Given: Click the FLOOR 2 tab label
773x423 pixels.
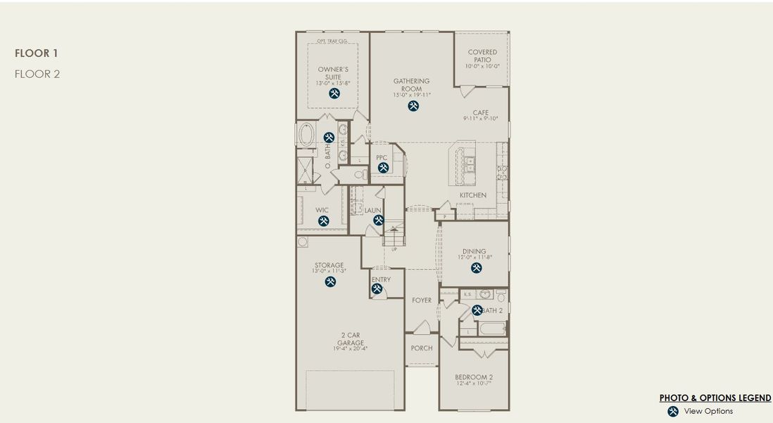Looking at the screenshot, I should [37, 73].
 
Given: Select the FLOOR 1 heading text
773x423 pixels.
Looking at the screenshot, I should [37, 53].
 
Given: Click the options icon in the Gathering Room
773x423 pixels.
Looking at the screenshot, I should [413, 106].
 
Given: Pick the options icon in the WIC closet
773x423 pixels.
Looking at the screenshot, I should [323, 221].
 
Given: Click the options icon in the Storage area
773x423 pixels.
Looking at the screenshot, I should [330, 282].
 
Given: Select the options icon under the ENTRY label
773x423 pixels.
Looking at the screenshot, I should [377, 288].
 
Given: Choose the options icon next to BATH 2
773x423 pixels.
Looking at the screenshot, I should [477, 310].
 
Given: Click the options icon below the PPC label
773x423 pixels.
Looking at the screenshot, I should [383, 167].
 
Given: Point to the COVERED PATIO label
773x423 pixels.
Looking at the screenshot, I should [482, 56].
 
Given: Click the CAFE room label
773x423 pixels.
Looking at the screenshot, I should [481, 112].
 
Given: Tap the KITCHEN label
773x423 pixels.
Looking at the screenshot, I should [472, 195].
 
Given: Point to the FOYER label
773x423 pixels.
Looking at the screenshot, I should [422, 300].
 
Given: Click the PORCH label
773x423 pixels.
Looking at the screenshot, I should [421, 348].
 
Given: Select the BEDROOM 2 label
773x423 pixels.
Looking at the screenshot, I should [472, 376].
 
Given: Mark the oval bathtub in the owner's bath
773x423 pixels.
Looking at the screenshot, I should [308, 135].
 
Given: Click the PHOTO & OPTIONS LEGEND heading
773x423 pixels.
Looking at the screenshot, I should [715, 398].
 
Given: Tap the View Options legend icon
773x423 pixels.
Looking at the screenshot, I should [673, 411].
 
